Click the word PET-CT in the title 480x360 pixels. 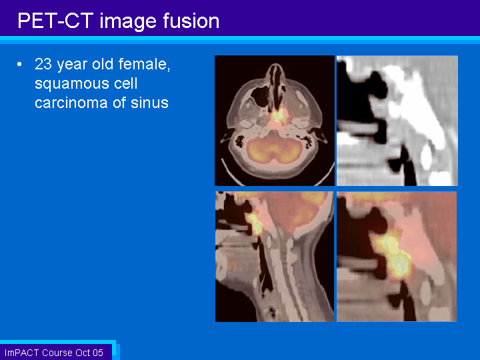55,21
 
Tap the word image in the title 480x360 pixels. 128,22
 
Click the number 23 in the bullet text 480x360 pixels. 43,64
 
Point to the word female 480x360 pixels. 144,65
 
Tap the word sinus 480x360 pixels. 150,102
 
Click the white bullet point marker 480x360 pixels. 19,64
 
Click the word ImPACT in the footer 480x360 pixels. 22,353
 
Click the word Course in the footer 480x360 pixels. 57,353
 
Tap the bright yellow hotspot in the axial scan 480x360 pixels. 278,115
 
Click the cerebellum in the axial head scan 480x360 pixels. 275,150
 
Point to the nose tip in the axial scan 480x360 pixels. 275,65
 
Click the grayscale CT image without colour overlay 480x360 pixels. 397,121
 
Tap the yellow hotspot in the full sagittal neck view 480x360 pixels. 255,223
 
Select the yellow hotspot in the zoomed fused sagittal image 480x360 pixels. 393,255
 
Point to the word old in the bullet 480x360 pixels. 103,64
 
